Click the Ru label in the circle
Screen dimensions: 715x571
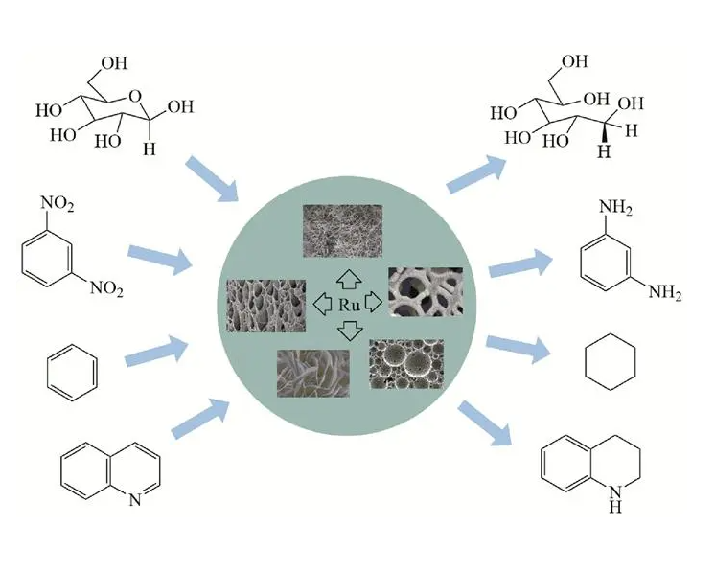(349, 305)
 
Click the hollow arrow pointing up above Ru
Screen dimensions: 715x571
(349, 280)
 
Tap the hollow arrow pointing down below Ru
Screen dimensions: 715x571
(350, 331)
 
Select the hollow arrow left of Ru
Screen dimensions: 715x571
(322, 303)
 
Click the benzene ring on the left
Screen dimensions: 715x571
(72, 372)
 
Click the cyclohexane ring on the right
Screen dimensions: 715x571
(611, 362)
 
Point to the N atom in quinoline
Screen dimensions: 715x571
(134, 500)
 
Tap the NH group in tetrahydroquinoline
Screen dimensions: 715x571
(615, 498)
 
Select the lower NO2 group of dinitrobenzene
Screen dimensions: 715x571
(106, 288)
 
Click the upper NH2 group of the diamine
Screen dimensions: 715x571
(615, 207)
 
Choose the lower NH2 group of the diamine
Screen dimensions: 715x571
(665, 292)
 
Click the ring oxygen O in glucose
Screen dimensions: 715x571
(135, 97)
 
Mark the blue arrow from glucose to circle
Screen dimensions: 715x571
(212, 178)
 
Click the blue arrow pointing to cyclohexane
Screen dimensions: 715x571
(519, 349)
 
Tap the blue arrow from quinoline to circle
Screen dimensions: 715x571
(200, 418)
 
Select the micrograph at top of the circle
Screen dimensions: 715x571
(342, 231)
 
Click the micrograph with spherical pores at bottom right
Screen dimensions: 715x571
(406, 364)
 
